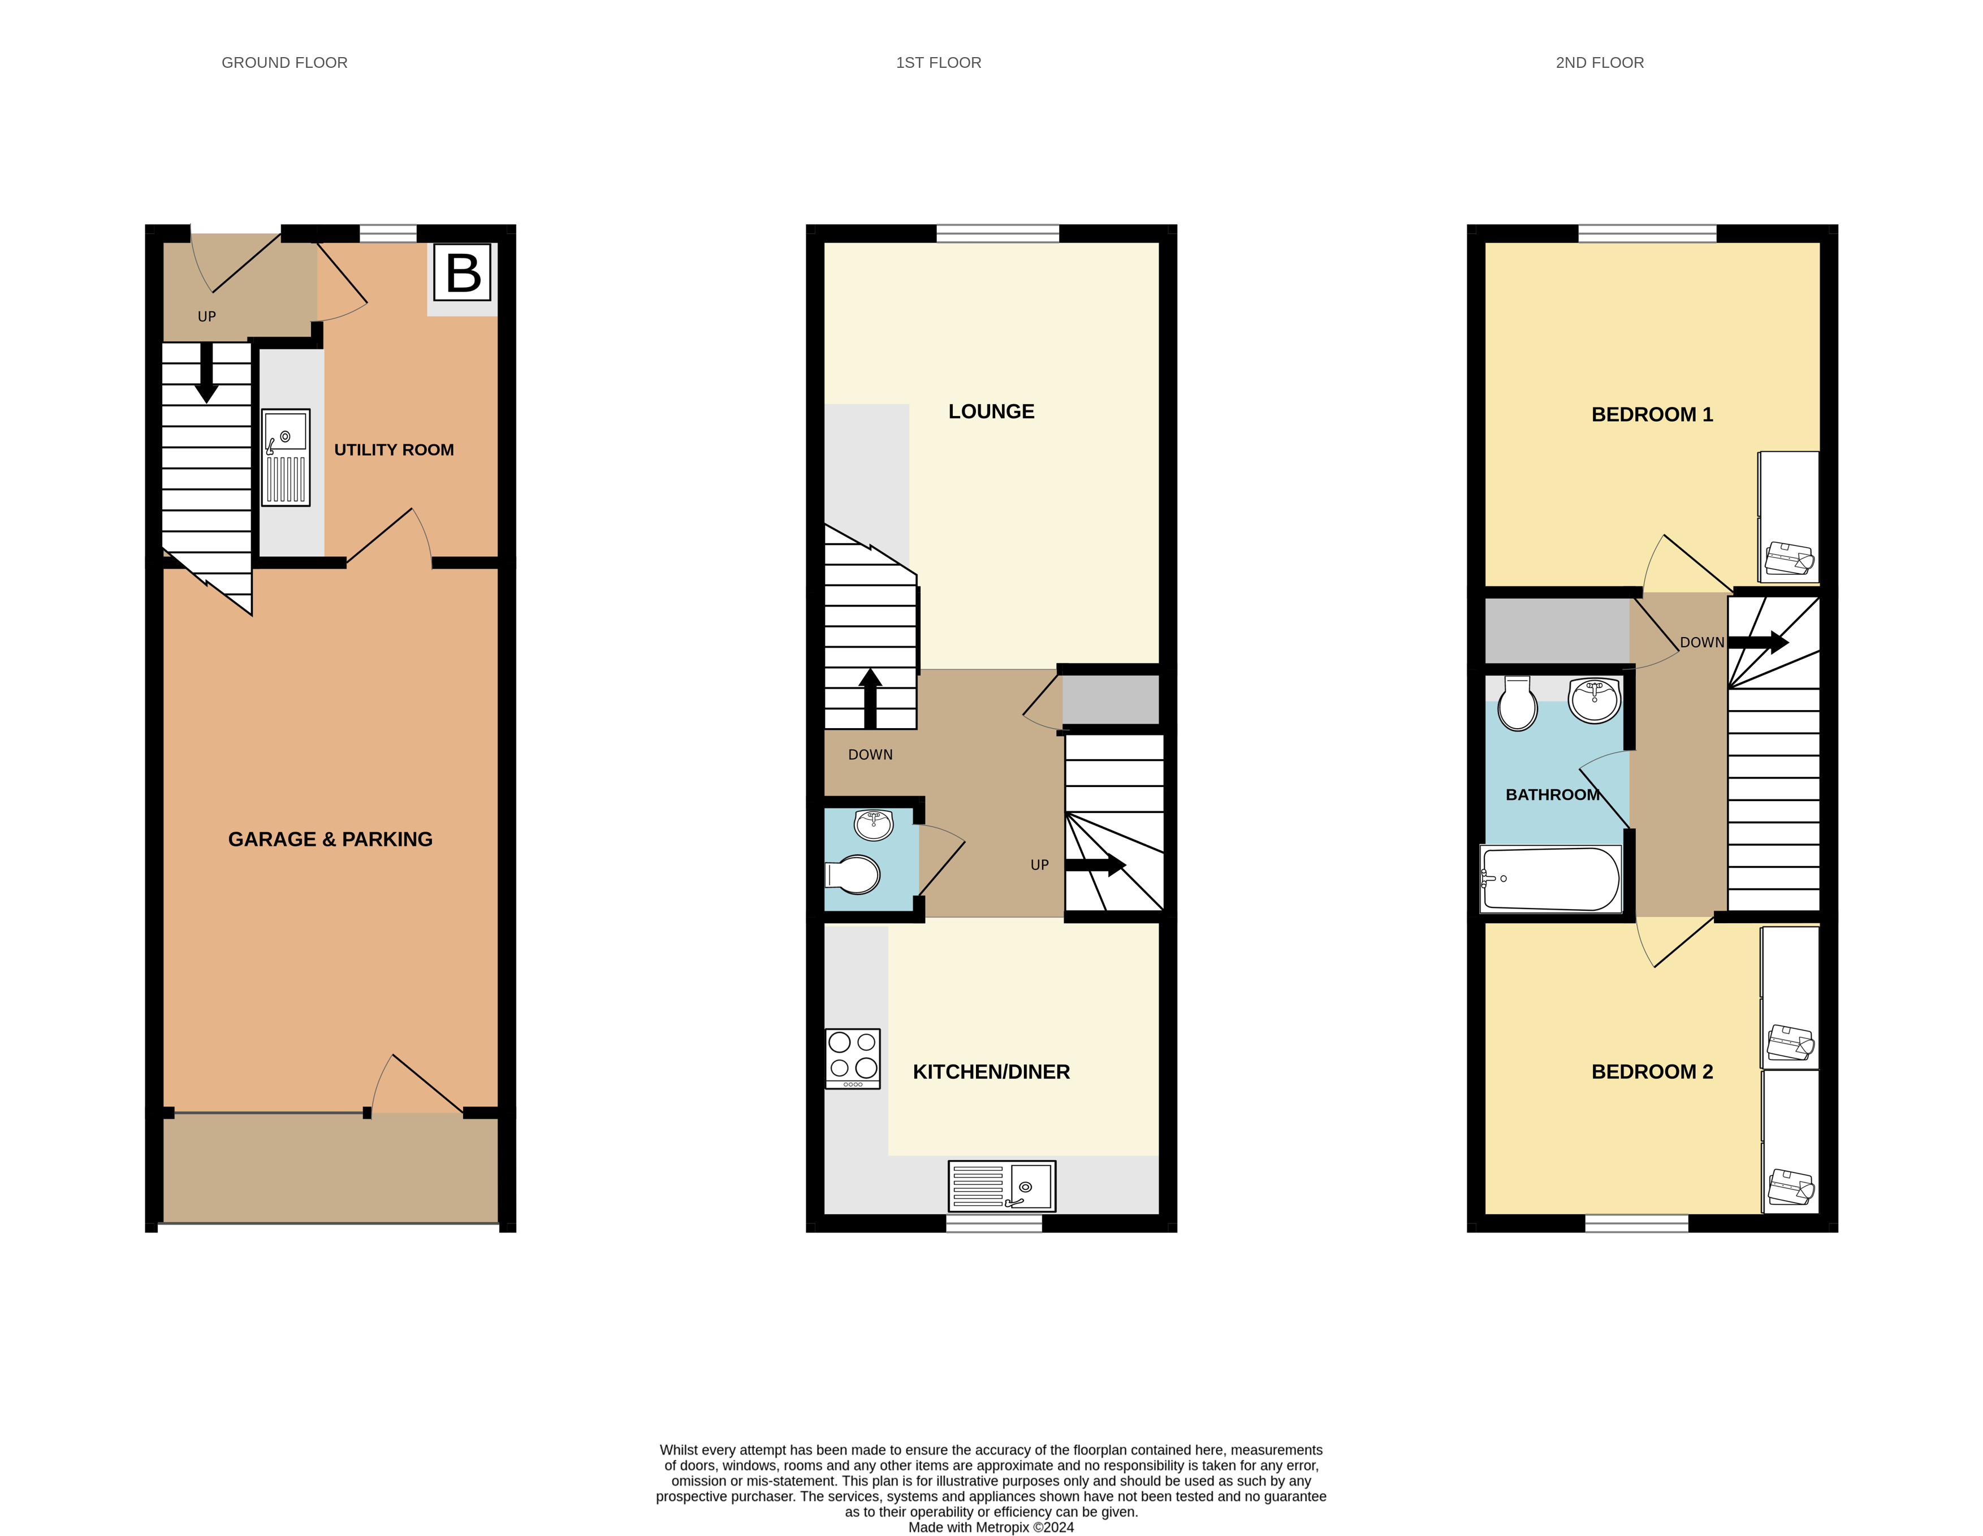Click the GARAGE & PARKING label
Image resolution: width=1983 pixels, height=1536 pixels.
coord(330,839)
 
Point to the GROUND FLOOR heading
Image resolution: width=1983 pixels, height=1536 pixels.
coord(284,63)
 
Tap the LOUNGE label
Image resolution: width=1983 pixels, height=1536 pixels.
coord(991,411)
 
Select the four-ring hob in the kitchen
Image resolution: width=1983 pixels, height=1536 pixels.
coord(853,1058)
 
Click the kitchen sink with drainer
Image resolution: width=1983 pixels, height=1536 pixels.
coord(1001,1185)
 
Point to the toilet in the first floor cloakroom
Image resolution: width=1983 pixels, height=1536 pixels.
coord(854,875)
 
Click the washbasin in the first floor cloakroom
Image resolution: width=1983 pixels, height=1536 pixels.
coord(874,824)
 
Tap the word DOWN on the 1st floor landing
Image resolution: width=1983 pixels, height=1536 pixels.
coord(870,754)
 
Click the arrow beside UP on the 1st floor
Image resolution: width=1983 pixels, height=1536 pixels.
coord(1095,864)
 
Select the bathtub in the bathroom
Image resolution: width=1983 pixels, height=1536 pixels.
coord(1550,879)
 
